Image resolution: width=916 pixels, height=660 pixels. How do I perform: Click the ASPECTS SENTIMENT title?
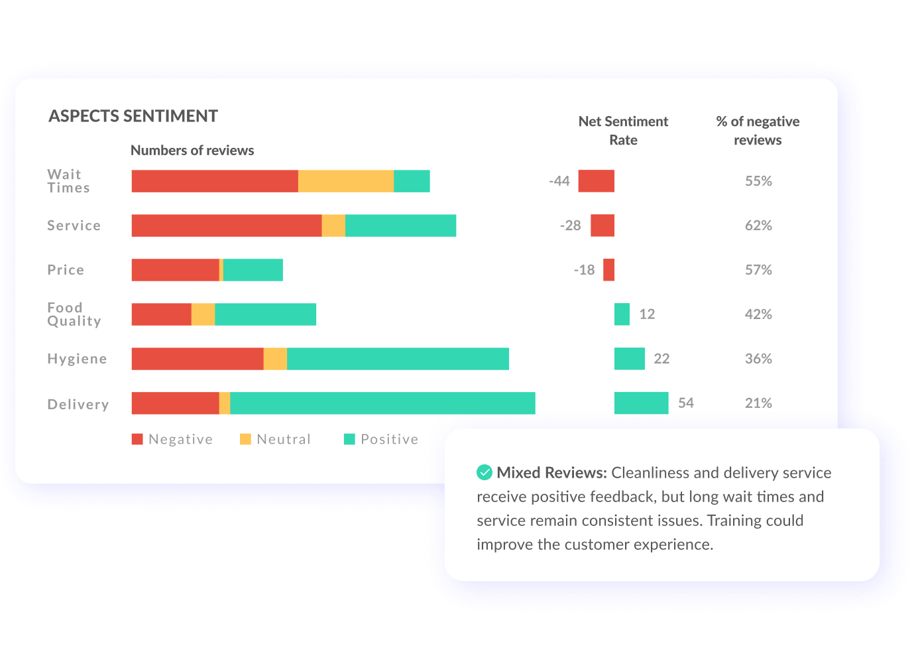133,116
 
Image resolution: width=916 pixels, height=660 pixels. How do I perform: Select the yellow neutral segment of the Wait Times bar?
345,181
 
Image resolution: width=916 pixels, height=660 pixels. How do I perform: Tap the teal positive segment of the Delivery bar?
382,403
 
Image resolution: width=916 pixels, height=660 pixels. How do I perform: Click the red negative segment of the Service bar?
226,226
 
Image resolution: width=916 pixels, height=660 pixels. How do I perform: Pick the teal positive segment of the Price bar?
253,270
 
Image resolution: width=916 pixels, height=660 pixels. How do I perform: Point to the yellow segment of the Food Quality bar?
203,314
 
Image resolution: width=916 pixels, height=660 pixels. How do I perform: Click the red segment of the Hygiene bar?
198,359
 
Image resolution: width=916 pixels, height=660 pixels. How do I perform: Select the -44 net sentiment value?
559,181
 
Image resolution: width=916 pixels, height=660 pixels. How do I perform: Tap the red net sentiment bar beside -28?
602,226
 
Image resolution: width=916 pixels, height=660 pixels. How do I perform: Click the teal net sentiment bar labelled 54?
641,403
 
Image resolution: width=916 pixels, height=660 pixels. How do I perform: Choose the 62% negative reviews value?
758,226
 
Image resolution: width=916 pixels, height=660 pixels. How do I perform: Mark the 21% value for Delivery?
758,403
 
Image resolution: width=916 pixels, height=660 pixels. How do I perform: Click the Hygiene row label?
77,359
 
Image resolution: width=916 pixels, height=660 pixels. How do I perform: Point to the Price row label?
66,270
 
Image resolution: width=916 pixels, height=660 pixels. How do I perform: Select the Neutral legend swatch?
245,439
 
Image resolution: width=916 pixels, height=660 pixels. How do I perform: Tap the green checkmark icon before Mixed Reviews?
485,472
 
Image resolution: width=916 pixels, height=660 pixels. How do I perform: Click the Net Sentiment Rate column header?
623,131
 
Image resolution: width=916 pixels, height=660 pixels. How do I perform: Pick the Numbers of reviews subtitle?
192,151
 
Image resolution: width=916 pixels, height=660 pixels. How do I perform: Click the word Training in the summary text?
734,521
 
